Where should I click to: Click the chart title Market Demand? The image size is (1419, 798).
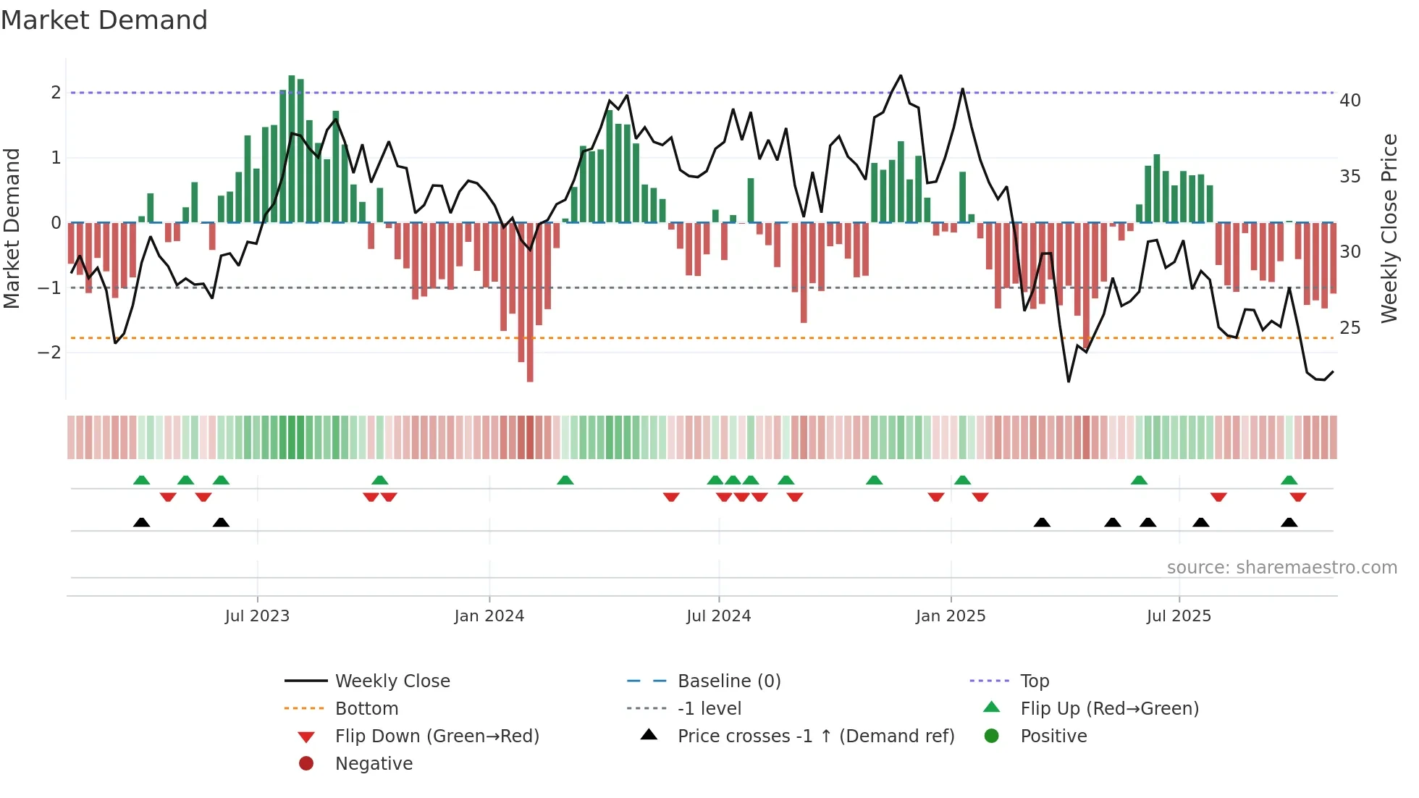[104, 20]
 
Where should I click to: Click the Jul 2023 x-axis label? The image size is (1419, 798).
[257, 616]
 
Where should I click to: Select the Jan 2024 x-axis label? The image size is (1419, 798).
[489, 616]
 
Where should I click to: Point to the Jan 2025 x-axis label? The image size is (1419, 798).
[950, 616]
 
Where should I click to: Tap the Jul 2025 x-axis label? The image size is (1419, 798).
[1179, 616]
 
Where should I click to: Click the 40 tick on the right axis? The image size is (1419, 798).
[1349, 101]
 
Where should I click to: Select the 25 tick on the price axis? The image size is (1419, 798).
[1349, 328]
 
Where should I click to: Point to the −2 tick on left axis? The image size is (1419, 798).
[49, 353]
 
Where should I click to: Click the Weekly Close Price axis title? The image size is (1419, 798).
[1389, 228]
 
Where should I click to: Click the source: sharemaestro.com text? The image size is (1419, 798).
[1281, 568]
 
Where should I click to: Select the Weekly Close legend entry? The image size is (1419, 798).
[392, 681]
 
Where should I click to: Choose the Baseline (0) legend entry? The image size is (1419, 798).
[728, 681]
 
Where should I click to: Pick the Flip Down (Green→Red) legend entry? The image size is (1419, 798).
[437, 736]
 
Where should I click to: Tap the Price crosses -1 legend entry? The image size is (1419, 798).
[815, 736]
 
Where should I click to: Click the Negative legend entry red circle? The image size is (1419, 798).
[306, 764]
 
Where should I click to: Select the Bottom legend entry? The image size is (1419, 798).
[366, 709]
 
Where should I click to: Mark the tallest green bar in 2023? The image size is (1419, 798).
[292, 148]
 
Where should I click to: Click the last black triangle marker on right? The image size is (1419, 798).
[1289, 523]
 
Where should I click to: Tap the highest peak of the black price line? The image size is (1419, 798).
[901, 76]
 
